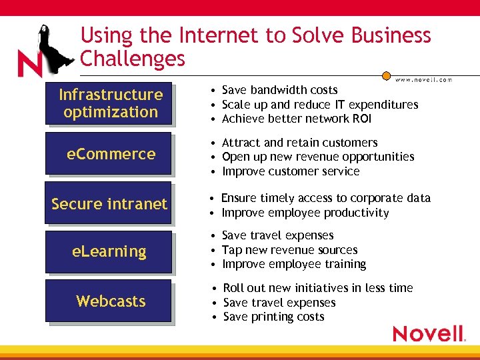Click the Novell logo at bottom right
(429, 333)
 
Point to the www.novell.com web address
(423, 80)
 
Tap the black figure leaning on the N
(51, 50)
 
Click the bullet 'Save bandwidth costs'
(279, 90)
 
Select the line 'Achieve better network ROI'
(296, 119)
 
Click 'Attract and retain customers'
(299, 143)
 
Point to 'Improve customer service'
(290, 171)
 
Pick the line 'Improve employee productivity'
(305, 213)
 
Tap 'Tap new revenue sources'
(289, 250)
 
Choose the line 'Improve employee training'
(293, 264)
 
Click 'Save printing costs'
(273, 317)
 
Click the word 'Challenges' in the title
(133, 59)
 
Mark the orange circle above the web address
(386, 76)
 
